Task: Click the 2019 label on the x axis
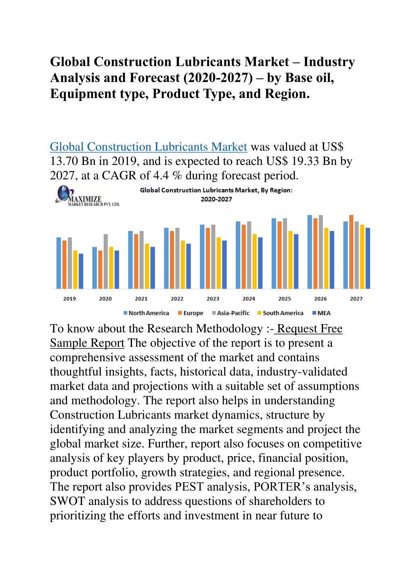pos(69,298)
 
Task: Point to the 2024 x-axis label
pos(249,298)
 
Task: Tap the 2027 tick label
pos(356,298)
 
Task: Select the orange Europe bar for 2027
pos(351,252)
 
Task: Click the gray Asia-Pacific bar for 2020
pos(106,261)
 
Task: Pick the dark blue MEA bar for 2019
pos(81,271)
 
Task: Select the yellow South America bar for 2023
pos(218,263)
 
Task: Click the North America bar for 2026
pos(310,252)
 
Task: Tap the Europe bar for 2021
pos(136,261)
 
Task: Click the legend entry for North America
pos(146,313)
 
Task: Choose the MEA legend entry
pos(321,313)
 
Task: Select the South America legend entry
pos(280,313)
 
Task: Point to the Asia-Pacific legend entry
pos(231,313)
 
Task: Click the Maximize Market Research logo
pos(87,196)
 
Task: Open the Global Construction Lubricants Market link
pos(148,147)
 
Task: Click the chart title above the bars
pos(216,194)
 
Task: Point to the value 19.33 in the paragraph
pos(305,161)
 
